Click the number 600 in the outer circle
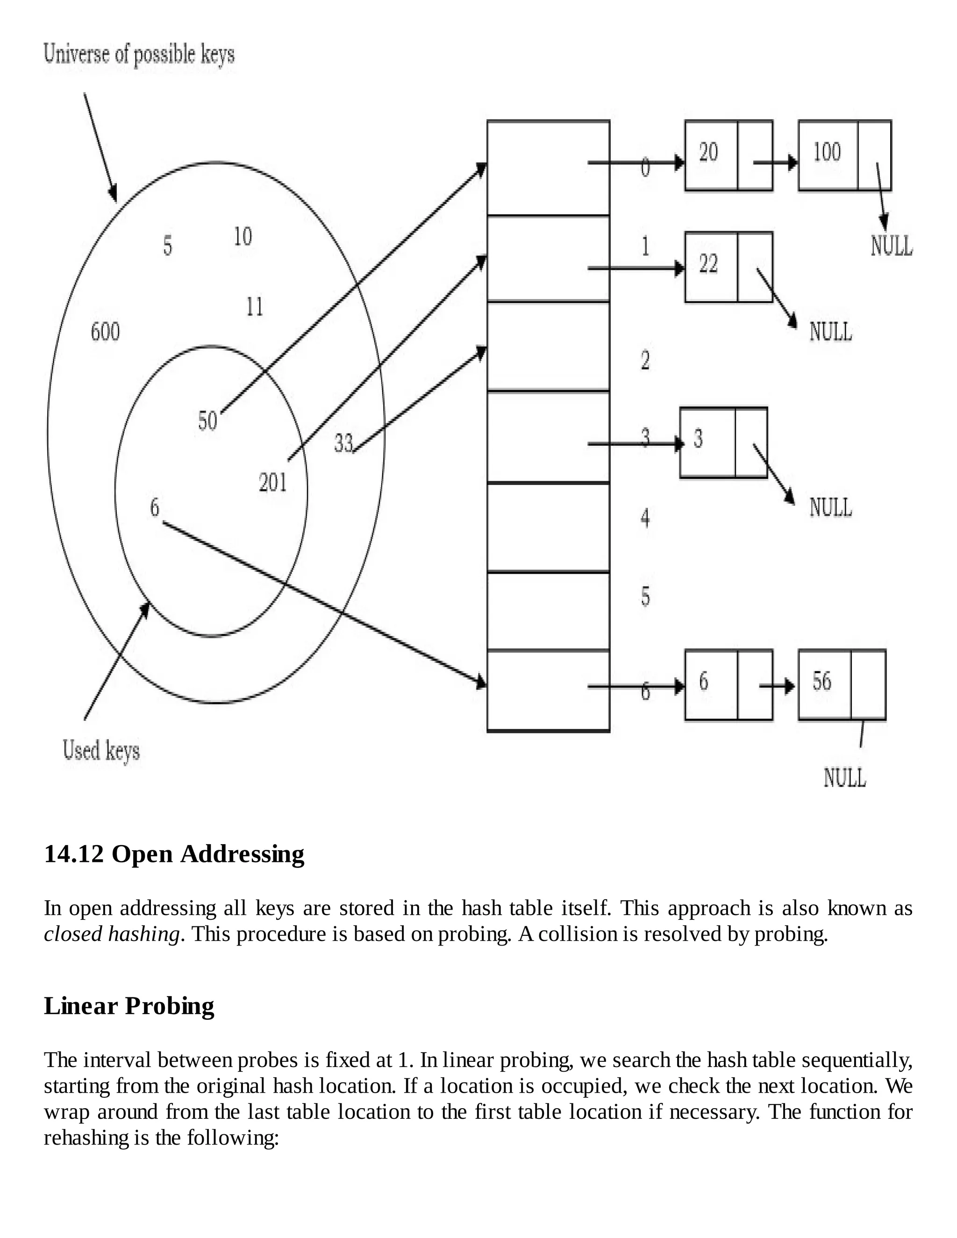106,332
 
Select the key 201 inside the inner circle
273,483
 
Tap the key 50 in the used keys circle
207,420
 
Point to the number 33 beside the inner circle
343,443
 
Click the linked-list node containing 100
844,155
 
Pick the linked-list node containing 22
728,266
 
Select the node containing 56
841,684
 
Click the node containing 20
728,155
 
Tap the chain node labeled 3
723,442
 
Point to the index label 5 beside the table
645,596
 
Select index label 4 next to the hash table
645,518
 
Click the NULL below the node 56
844,777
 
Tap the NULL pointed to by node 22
830,332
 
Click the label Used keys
101,751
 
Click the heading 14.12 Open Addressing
174,853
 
